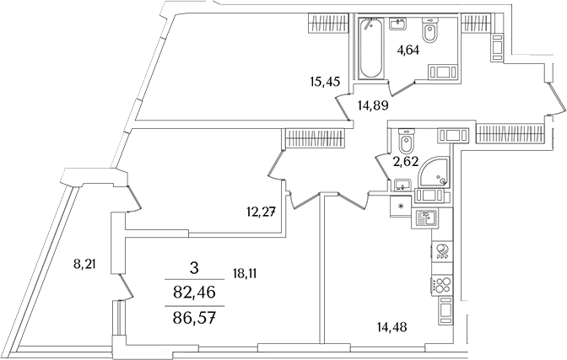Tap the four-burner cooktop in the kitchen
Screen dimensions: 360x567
tap(443, 287)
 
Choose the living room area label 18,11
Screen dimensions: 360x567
tap(245, 271)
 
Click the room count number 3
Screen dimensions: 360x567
tap(194, 269)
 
